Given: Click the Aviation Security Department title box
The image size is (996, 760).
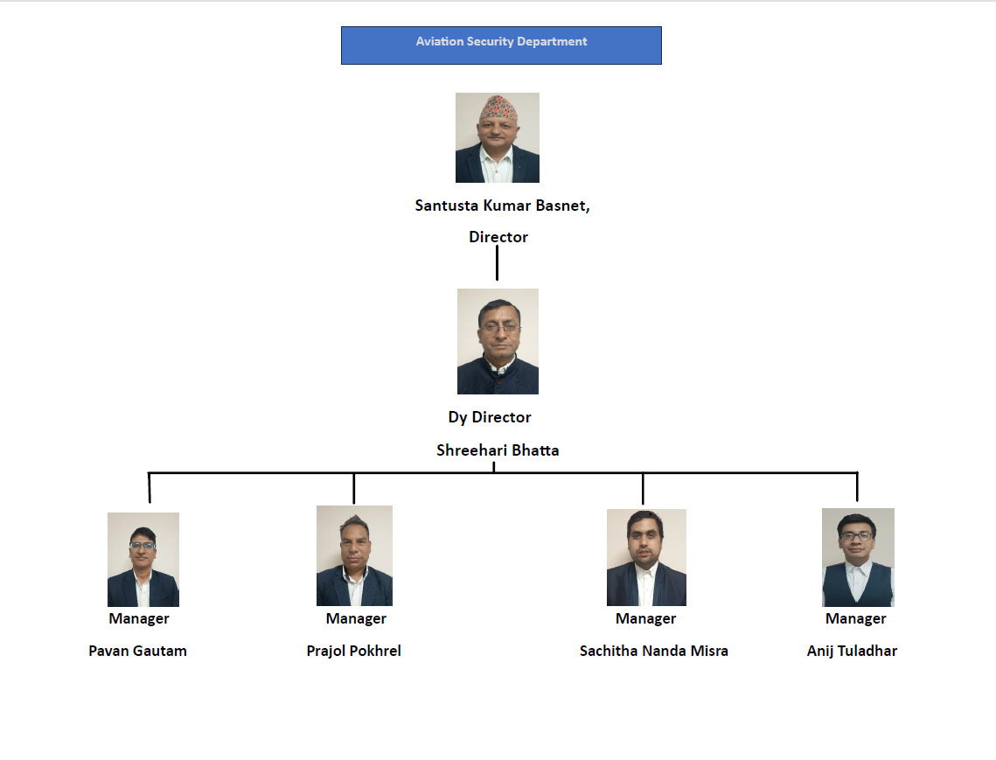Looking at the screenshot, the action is pos(501,45).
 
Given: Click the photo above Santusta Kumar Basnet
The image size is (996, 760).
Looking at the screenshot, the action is pos(498,138).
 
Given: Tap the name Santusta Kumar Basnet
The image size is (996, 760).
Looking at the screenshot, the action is pos(501,206).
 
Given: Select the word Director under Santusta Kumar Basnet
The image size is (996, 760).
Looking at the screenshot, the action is pos(498,237).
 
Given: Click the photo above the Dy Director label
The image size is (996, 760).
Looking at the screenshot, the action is pos(498,341).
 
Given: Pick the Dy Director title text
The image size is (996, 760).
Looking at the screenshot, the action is pos(490,417).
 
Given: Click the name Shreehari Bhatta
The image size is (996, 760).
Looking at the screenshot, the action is pos(498,450).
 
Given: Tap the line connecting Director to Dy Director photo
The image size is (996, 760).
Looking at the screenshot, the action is pos(497,262).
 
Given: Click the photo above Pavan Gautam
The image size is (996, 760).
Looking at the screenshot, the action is pos(143,559).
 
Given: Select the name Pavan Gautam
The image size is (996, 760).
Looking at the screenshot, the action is pos(138,651).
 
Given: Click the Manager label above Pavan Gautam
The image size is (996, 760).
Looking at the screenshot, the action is pos(139,619).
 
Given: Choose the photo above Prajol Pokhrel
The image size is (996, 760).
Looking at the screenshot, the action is pos(354,555).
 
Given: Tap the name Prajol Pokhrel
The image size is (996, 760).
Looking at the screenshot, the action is pos(354,651).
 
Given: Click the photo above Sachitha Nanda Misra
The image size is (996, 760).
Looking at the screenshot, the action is pos(646,557).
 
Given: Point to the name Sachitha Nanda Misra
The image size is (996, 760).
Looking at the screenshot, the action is pos(653,651).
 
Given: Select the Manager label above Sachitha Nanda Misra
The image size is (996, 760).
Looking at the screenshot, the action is pos(646,619).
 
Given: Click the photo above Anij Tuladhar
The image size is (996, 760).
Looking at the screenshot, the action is pos(858,557).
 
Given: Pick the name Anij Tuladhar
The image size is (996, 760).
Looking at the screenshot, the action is pos(852,651).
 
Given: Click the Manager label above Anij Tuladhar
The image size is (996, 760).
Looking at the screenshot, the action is pos(855,619).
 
